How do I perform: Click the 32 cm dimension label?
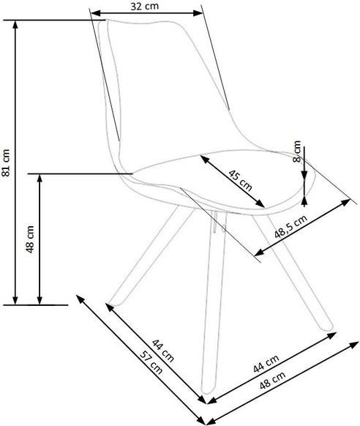pos(144,6)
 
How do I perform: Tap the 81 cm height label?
pos(6,162)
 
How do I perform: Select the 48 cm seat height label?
pos(30,239)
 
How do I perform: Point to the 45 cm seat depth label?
pos(240,180)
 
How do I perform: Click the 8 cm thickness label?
pos(297,152)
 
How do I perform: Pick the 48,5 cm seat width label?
pos(290,227)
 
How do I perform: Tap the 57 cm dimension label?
pos(151,362)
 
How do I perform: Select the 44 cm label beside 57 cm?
pos(162,351)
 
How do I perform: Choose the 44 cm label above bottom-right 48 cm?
pos(266,364)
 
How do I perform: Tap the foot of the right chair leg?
pos(328,327)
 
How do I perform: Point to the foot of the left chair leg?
pos(113,304)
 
